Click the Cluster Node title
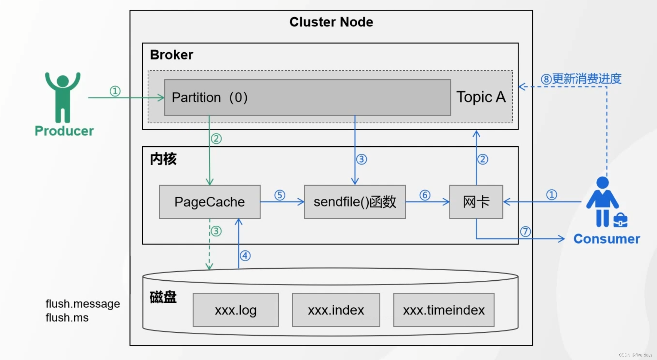331,22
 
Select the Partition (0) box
307,97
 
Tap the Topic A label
481,97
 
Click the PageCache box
210,202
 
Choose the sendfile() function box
355,202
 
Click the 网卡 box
476,202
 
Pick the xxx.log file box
235,310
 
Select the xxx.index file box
336,310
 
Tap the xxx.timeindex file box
444,310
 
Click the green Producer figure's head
63,81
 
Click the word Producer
64,131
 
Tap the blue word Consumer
606,239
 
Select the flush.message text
83,304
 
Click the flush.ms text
67,318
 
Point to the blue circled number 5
280,195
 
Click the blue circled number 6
425,195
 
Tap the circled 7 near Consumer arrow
525,232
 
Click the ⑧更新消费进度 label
581,79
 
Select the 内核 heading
163,159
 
